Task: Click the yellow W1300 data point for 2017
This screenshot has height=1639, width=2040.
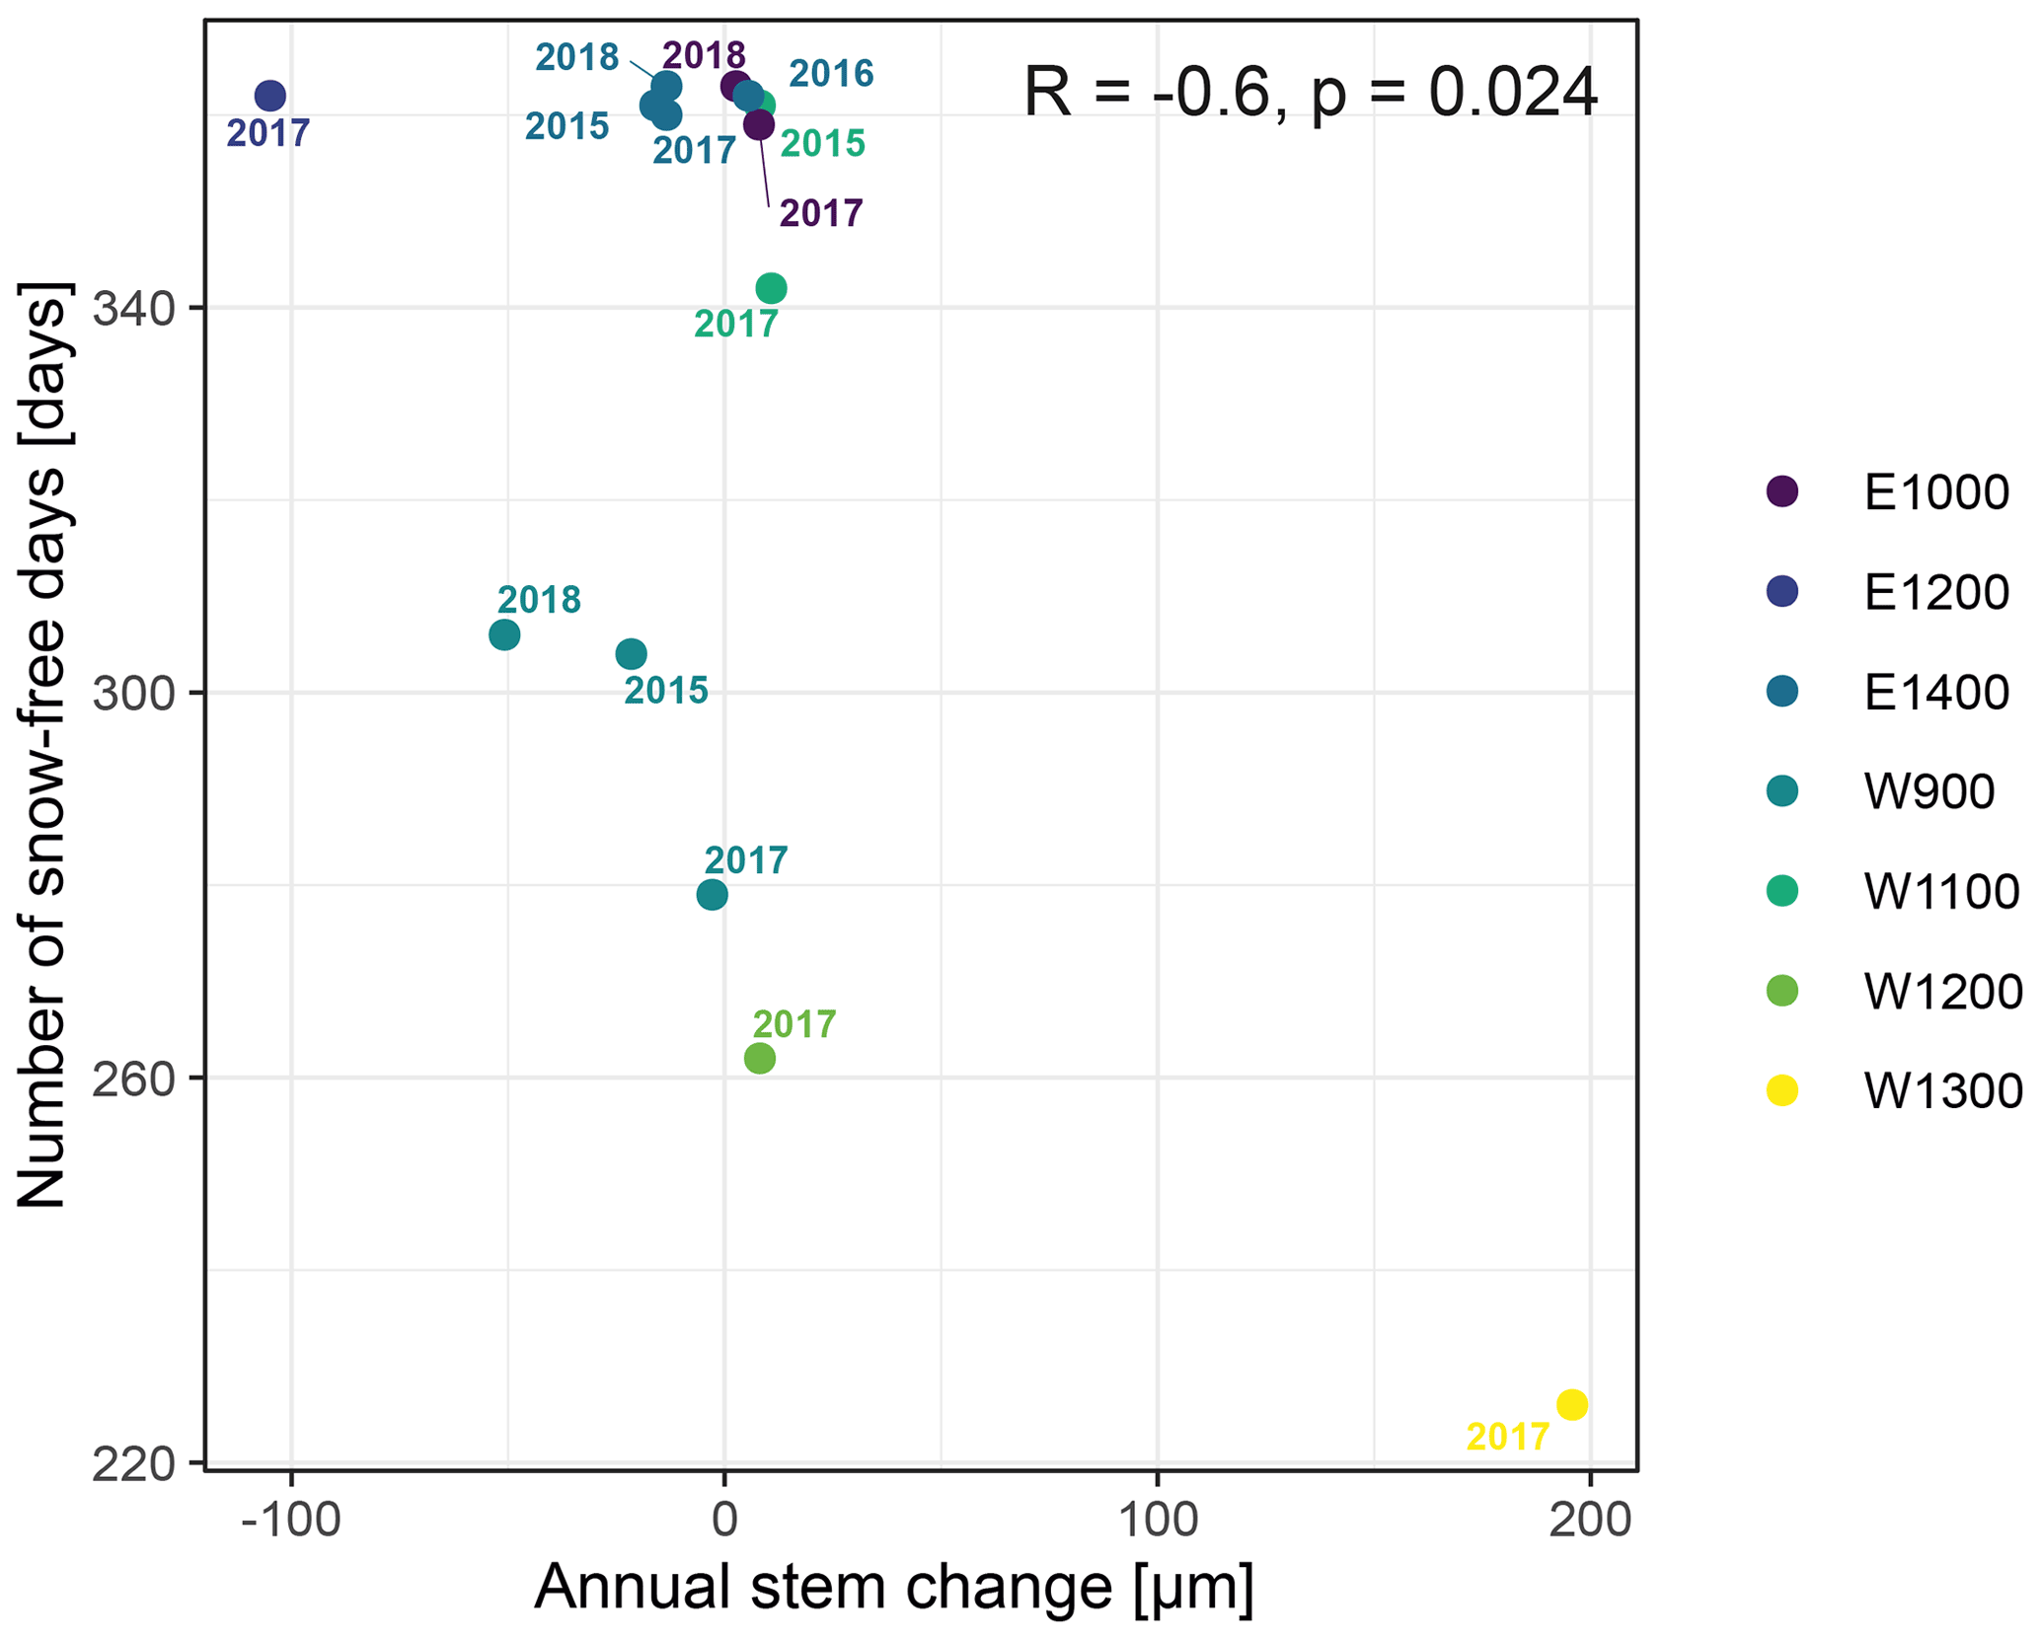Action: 1571,1404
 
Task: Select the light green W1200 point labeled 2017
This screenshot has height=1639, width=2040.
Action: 759,1059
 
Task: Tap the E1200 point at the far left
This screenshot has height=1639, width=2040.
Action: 269,96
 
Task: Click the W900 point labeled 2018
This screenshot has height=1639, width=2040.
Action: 504,634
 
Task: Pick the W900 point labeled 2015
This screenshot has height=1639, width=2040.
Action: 631,653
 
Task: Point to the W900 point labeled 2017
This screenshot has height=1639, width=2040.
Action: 712,895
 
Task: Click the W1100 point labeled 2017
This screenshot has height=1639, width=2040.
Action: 771,288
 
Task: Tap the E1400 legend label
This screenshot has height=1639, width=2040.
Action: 1935,692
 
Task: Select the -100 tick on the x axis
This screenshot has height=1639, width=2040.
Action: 291,1521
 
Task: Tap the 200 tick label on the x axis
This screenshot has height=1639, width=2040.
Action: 1589,1521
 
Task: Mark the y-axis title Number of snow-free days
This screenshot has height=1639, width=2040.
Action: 43,745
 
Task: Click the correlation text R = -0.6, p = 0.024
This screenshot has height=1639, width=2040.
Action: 1310,93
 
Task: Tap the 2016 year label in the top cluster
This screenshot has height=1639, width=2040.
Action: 831,74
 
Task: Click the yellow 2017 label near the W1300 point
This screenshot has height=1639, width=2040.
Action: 1507,1437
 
